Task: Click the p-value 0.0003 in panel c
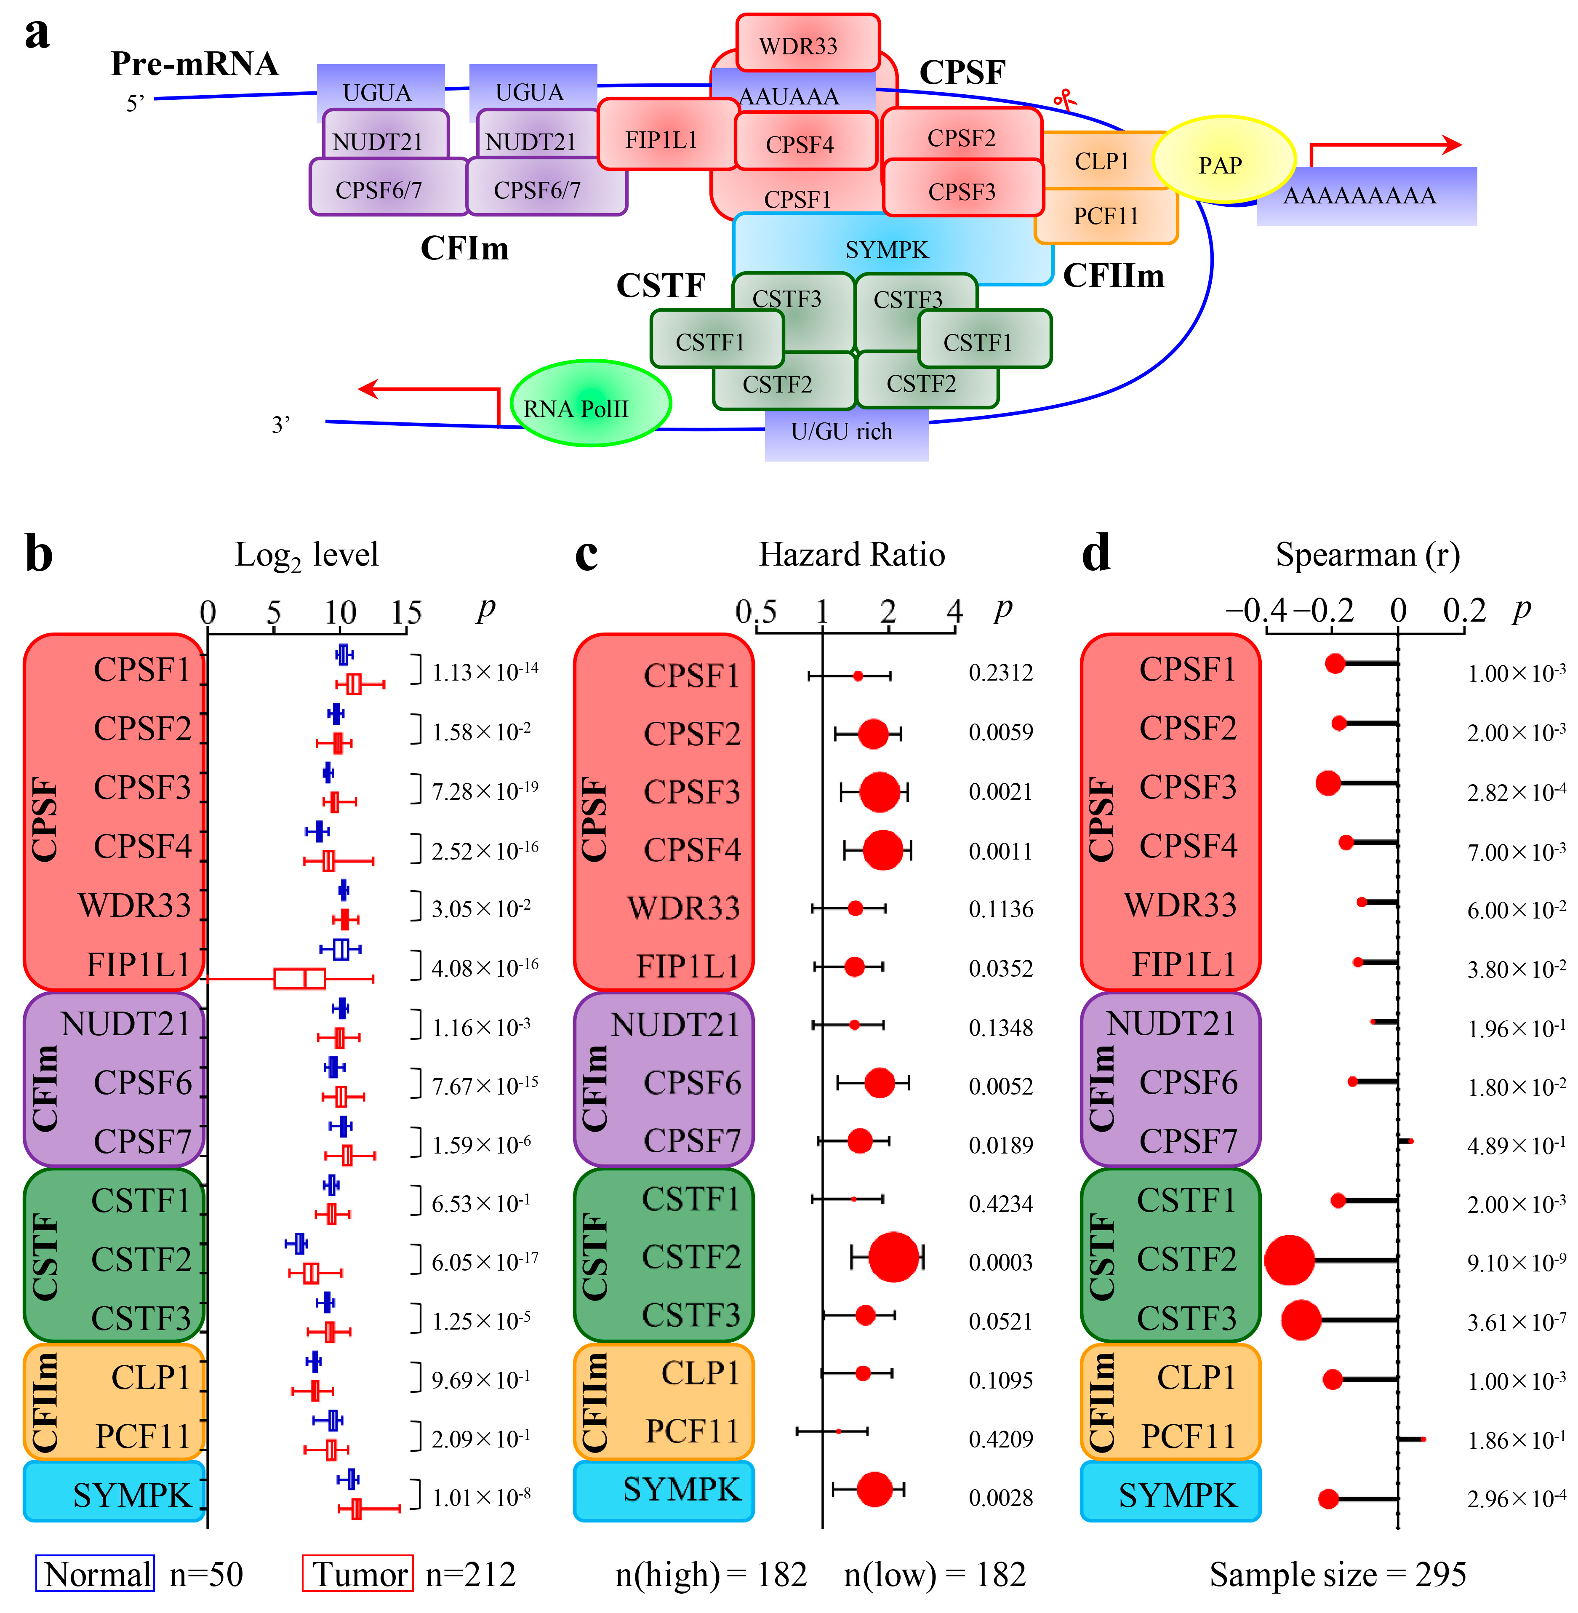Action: click(x=1000, y=1262)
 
